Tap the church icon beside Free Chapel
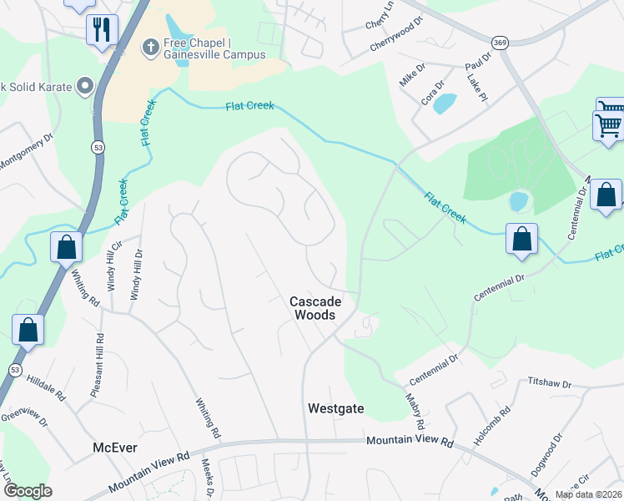tap(151, 46)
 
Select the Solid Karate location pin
tap(84, 85)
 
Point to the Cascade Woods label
tap(313, 308)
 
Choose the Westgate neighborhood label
tap(336, 409)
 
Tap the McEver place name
tap(113, 448)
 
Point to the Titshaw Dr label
tap(548, 383)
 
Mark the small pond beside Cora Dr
tap(444, 104)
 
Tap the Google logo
tap(28, 491)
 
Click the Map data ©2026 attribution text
tap(588, 494)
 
